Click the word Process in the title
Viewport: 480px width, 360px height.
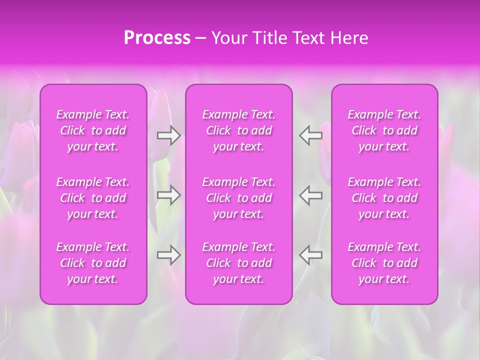[157, 38]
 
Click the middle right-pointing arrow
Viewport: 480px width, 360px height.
[168, 195]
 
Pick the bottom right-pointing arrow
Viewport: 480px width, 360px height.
[168, 255]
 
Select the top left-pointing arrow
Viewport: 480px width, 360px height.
[311, 135]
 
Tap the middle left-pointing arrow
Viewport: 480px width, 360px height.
[311, 195]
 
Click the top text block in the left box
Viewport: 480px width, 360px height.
[93, 130]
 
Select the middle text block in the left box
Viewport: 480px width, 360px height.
[93, 198]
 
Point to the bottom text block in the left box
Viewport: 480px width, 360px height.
[93, 263]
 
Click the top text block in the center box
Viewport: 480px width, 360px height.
[239, 130]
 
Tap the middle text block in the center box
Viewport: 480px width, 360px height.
[239, 198]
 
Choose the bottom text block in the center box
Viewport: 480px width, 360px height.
[239, 263]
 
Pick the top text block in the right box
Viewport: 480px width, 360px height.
[384, 130]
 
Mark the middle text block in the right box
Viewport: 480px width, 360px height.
[384, 198]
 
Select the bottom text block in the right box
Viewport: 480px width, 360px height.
[384, 263]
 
